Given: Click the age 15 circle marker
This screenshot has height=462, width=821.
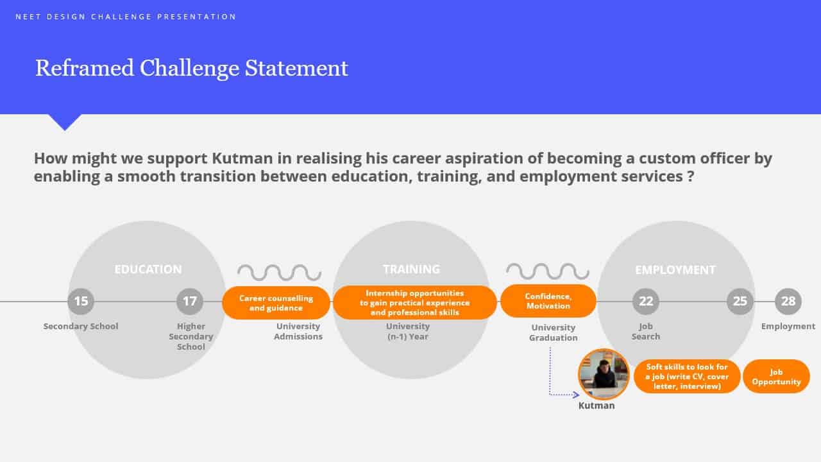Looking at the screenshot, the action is pos(81,302).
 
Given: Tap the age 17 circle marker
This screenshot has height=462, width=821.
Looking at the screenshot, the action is pos(190,302).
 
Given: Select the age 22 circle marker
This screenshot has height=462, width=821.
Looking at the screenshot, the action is pos(646,302).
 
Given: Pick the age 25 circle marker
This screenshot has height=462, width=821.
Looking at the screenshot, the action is pos(740,302).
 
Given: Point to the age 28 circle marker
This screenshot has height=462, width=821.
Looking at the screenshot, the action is pos(788,302).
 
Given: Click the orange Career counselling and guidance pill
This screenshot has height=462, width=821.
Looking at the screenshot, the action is pos(276,303).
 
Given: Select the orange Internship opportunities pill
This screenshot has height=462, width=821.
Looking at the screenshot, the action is pos(415,303).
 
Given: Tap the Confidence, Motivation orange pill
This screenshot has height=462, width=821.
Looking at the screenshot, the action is pos(548,301).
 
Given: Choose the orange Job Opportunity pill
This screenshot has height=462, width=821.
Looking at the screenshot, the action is pos(776,377).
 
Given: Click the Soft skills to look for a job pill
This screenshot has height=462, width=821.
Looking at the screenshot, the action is pos(687,377).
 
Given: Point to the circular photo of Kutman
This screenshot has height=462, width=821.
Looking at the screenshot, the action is pos(604,374).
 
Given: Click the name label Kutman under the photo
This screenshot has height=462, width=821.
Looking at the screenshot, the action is pos(597,406).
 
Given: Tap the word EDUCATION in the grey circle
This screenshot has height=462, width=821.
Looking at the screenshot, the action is pos(148,269).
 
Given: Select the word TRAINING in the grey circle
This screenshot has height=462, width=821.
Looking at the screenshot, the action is pos(412,269).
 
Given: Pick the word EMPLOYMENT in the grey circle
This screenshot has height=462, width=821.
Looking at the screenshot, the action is pos(675,270).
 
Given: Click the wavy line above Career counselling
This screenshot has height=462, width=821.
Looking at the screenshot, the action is pos(279,273).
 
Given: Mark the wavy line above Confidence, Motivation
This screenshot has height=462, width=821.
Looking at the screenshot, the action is pos(548,271).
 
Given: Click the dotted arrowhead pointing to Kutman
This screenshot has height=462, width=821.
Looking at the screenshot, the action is pos(576,395).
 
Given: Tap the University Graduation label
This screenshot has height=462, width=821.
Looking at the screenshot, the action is pos(554,332).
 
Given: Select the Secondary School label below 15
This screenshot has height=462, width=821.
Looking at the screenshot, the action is pos(81,327).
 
